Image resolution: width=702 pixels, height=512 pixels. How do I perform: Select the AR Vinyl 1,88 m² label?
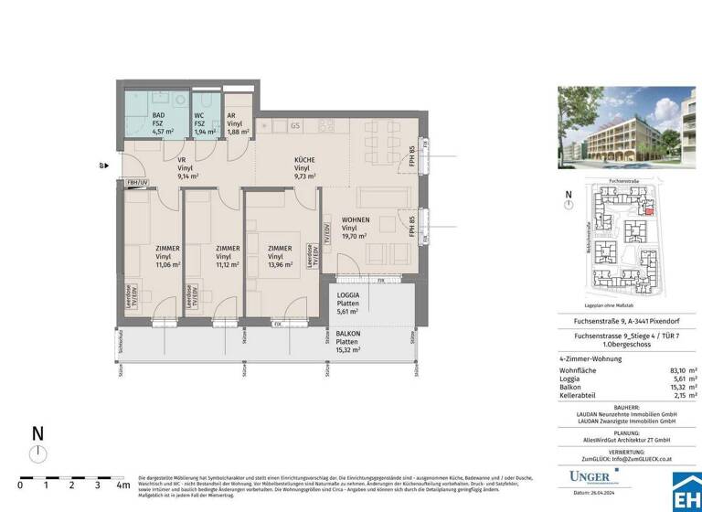coord(235,123)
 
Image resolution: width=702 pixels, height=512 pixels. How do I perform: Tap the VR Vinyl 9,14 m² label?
coord(182,169)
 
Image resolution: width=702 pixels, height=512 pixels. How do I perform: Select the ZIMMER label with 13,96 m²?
coord(280,256)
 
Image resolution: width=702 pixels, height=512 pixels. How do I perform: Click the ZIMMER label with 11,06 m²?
coord(167,256)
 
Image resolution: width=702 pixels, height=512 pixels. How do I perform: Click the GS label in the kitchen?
coord(295,125)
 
